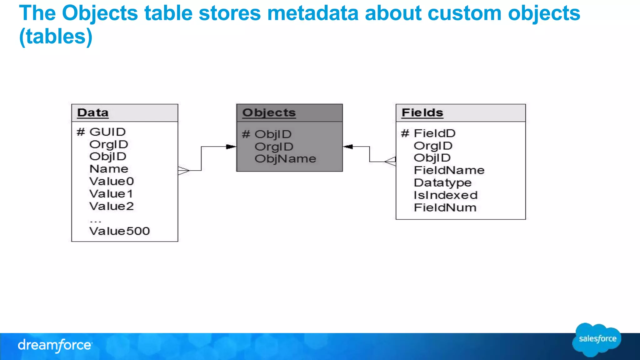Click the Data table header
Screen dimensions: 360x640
click(93, 113)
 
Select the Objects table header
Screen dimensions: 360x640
click(269, 113)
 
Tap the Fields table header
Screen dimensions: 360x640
click(422, 113)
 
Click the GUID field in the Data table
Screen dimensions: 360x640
click(107, 132)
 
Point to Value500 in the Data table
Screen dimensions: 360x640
click(119, 231)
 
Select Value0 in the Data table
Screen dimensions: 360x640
click(112, 181)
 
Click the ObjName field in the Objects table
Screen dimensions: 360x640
click(285, 159)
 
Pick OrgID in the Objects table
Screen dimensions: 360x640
click(274, 147)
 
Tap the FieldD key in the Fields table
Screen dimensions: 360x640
click(434, 133)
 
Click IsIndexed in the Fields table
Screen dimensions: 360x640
click(446, 195)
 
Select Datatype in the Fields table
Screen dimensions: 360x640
click(442, 183)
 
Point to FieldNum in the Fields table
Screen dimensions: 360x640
click(445, 208)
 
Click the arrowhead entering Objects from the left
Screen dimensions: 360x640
click(231, 147)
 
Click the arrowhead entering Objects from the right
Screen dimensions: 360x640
click(348, 147)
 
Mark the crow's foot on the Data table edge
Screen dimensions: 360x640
click(183, 171)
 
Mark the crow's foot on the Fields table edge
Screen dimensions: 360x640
click(391, 162)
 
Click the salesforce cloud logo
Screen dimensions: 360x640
click(597, 339)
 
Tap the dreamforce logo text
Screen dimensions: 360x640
click(55, 345)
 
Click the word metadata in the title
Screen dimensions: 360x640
click(313, 13)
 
